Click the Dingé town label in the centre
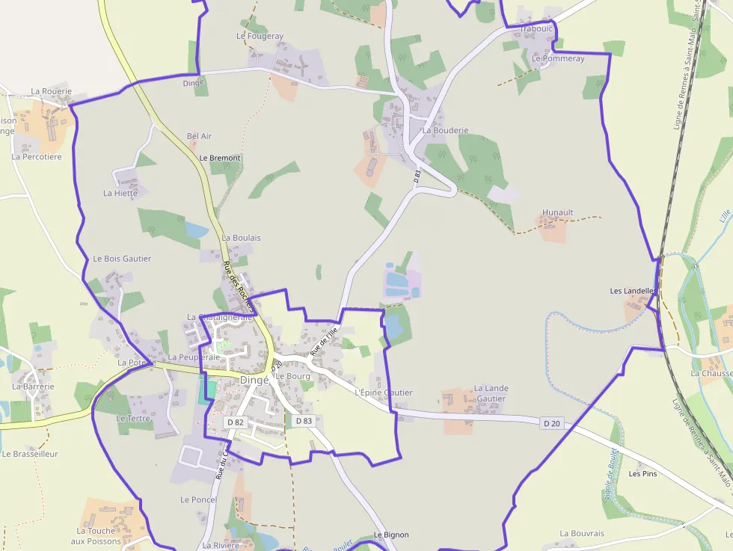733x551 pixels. (254, 380)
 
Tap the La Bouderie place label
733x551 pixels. (445, 130)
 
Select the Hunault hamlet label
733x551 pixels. (557, 212)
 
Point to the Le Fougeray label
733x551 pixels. (260, 36)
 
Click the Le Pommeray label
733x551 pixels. (558, 58)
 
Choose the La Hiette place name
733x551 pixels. (120, 193)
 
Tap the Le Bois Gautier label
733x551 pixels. (122, 259)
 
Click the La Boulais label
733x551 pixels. (241, 238)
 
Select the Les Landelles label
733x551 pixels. (633, 291)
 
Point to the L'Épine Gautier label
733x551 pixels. (384, 393)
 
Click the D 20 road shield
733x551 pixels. (552, 423)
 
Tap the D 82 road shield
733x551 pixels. (235, 422)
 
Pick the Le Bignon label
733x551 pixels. (391, 535)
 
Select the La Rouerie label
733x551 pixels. (52, 91)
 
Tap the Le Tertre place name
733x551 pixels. (134, 419)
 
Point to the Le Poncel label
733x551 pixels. (198, 499)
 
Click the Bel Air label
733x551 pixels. (200, 136)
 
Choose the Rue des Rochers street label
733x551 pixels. (239, 286)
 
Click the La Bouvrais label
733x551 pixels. (582, 534)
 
